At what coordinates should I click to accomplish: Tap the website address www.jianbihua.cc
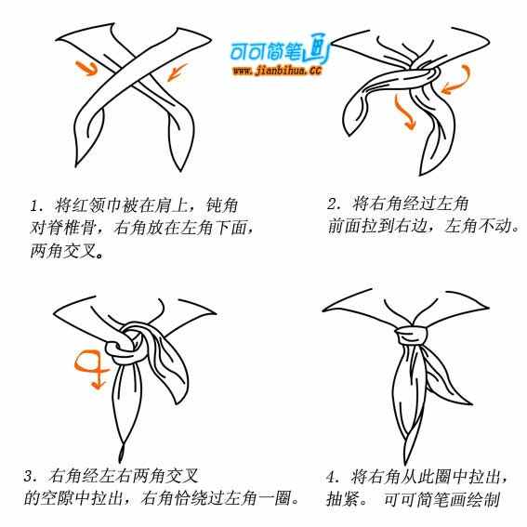277,71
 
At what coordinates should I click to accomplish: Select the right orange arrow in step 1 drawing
178,72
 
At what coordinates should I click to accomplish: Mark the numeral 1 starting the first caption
34,206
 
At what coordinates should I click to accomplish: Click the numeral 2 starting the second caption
332,204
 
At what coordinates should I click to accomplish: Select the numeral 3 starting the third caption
28,476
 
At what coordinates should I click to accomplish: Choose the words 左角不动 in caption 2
478,226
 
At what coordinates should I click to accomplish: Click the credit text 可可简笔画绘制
441,499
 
